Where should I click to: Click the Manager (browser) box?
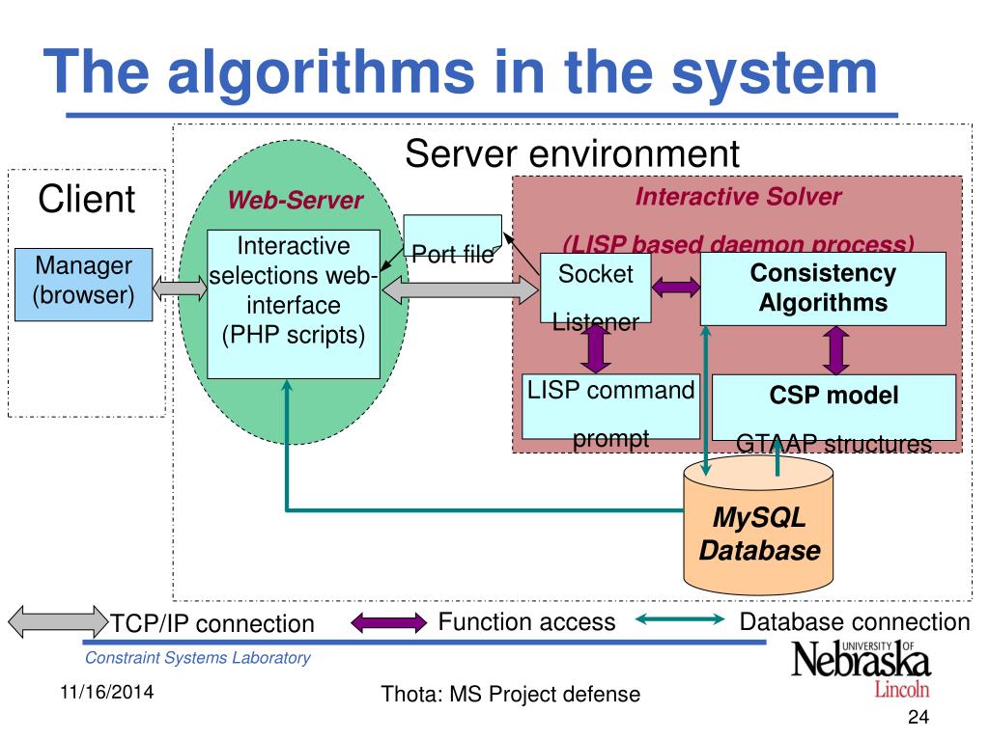tap(84, 284)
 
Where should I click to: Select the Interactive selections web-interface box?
tap(294, 303)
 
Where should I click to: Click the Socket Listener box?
tap(595, 288)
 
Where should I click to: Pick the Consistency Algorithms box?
tap(822, 288)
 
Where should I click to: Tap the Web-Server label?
tap(295, 201)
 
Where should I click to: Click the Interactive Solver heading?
tap(738, 197)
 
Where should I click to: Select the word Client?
tap(87, 200)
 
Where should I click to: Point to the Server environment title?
tap(572, 153)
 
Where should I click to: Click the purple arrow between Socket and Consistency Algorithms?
tap(676, 287)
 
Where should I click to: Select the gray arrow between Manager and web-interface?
tap(181, 286)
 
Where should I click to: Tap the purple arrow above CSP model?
tap(835, 349)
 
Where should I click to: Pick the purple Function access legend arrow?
tap(387, 622)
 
